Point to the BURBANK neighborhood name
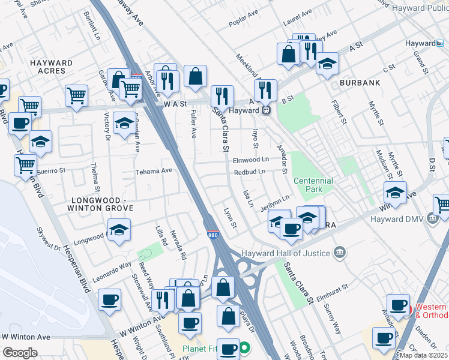360,82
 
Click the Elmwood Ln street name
251,160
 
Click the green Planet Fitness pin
245,347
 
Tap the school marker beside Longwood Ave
119,230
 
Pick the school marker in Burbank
327,64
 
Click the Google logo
20,352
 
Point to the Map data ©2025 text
423,355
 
